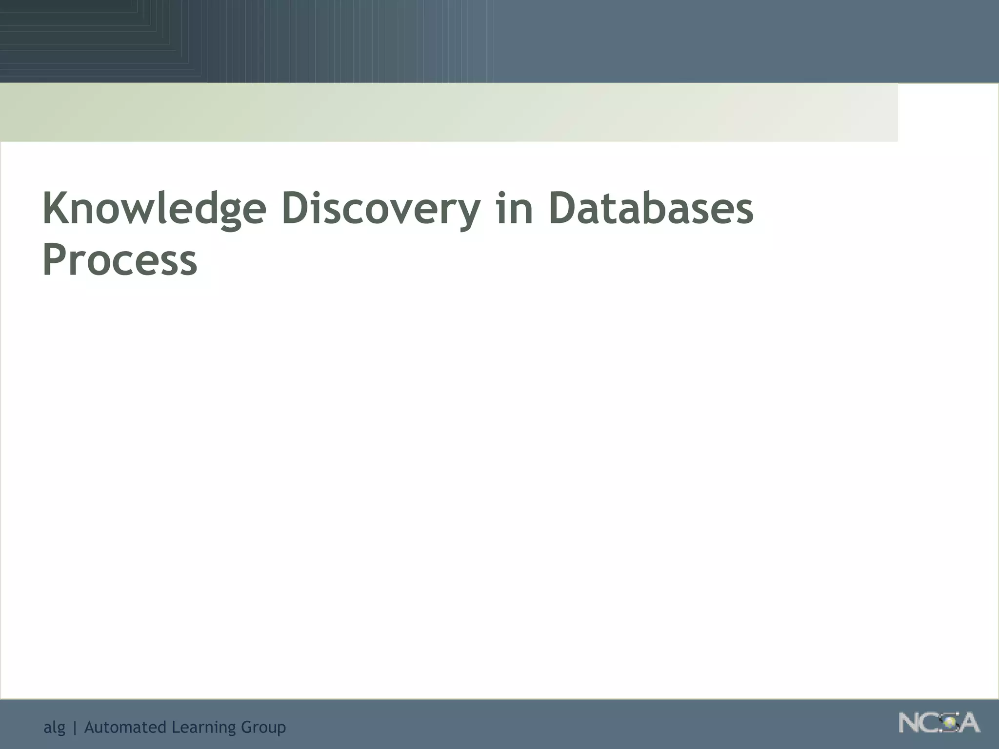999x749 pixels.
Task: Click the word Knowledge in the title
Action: [154, 209]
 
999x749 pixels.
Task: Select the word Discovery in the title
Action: [380, 209]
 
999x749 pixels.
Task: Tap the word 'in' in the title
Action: [514, 209]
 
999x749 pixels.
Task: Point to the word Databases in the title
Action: [651, 209]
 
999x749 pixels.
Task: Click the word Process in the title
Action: [120, 260]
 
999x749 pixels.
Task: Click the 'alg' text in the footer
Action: [54, 728]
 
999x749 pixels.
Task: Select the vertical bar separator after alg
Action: [75, 728]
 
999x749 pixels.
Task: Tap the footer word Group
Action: [263, 728]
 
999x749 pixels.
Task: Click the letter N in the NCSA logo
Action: [910, 723]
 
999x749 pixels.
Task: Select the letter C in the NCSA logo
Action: [931, 723]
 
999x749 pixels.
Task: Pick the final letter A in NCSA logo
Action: [969, 723]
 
